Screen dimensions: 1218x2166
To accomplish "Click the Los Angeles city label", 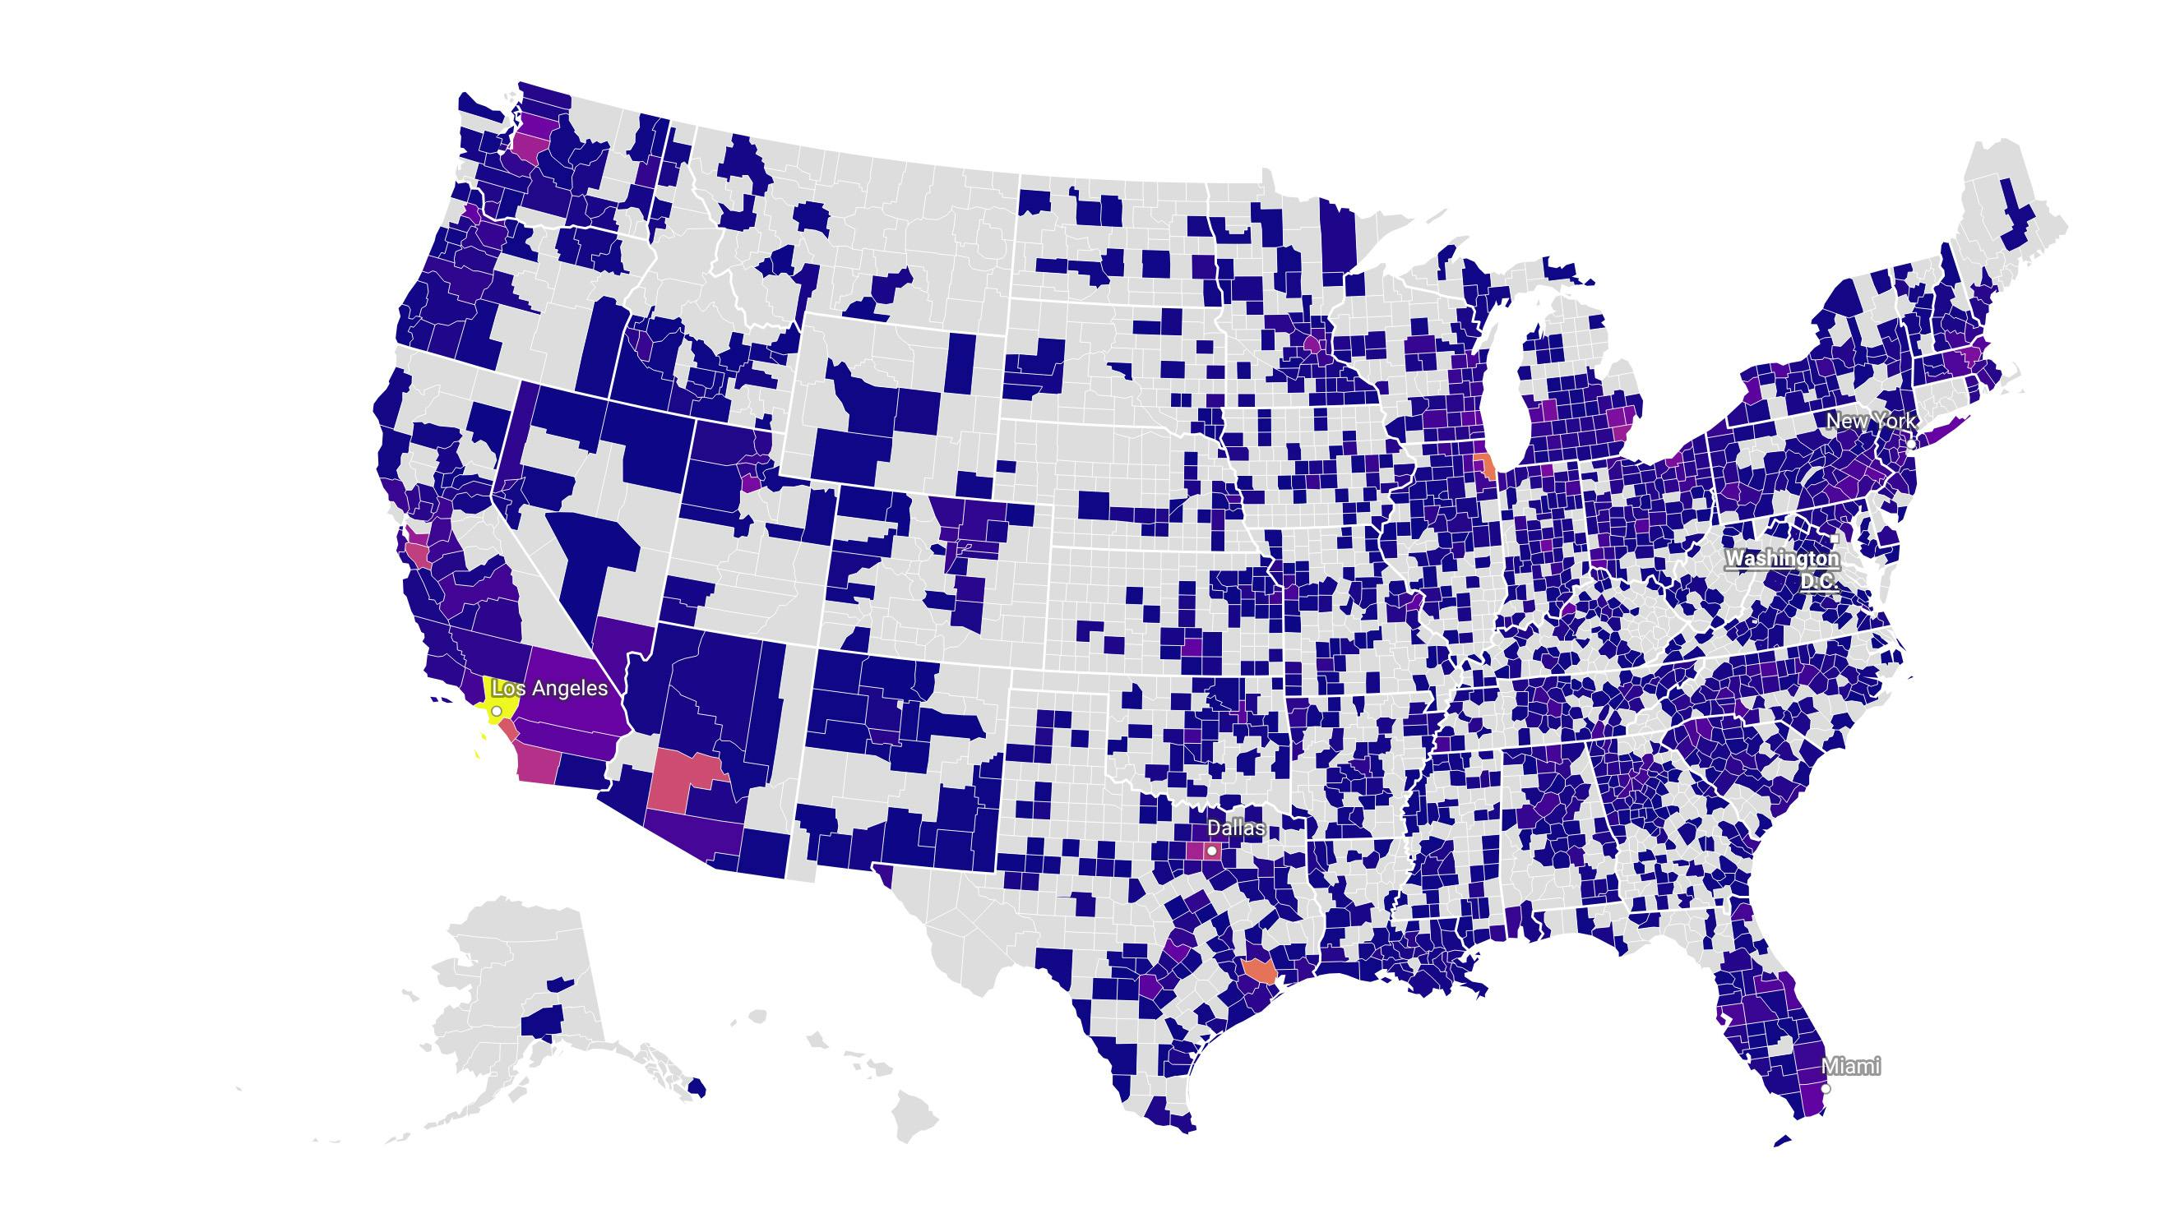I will [x=549, y=689].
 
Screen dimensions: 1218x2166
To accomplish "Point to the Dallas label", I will [x=1235, y=828].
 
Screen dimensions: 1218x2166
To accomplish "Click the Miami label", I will [x=1851, y=1067].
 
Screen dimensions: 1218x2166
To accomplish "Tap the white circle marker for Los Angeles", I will [x=497, y=711].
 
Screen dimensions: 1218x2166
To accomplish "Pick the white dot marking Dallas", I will [x=1211, y=851].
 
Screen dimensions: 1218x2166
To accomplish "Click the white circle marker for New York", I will [x=1910, y=443].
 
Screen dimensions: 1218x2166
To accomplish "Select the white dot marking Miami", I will [x=1825, y=1088].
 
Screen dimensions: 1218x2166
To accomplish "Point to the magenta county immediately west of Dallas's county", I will [x=1195, y=851].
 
